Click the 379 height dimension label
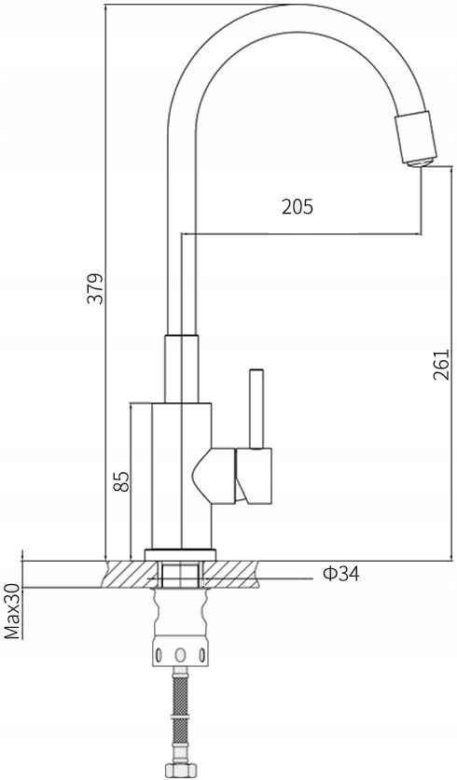coord(94,288)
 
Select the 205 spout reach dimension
coord(298,206)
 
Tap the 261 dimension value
coord(440,365)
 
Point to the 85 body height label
coord(121,481)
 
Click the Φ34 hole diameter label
coord(340,574)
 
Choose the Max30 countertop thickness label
coord(12,611)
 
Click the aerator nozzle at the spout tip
coord(416,140)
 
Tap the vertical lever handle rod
coord(256,409)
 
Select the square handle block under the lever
coord(254,476)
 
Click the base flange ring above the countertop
coord(181,554)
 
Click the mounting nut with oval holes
coord(181,653)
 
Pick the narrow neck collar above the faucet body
coord(182,369)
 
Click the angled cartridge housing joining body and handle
coord(214,476)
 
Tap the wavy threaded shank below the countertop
coord(181,613)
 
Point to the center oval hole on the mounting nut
coord(181,655)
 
